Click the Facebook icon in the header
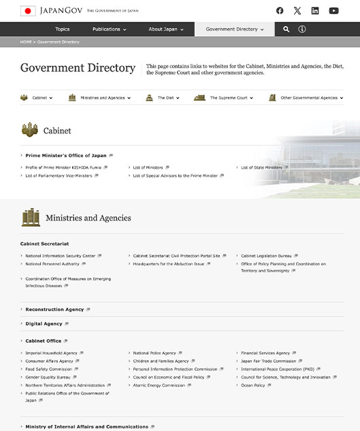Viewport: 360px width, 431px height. tap(280, 11)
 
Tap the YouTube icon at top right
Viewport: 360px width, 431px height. tap(333, 11)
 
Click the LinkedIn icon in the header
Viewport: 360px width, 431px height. tap(315, 11)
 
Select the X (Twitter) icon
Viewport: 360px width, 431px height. tap(297, 11)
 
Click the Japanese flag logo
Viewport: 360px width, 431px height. tap(28, 11)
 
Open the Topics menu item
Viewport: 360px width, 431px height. tap(63, 29)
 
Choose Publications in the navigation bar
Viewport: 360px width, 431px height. tap(109, 29)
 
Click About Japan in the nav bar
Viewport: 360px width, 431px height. tap(165, 29)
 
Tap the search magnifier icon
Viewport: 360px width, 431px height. tap(287, 29)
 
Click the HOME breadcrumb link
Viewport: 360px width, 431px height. tap(26, 42)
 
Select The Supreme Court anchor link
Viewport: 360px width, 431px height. tap(228, 98)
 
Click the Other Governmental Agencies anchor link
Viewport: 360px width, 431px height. tap(309, 98)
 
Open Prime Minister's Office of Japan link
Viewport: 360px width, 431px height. tap(66, 155)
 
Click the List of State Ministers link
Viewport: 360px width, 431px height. tap(261, 167)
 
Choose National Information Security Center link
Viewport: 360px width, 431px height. tap(61, 256)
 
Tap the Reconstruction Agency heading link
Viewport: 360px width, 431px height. tap(54, 309)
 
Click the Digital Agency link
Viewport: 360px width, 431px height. tap(44, 324)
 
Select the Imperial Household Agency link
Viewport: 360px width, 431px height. tap(52, 353)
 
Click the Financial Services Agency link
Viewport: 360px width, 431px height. tap(265, 353)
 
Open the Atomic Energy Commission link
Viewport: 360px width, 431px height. tap(159, 385)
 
